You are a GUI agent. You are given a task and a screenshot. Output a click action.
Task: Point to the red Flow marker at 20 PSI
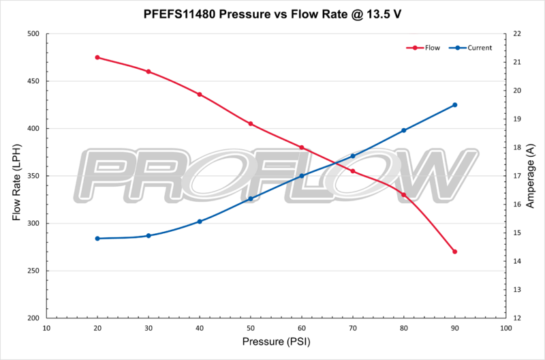click(97, 57)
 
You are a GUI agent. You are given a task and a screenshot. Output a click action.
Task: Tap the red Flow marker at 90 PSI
click(454, 252)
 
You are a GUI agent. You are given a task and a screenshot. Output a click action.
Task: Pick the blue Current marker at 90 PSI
click(454, 105)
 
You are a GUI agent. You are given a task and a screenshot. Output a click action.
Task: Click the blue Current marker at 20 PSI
click(97, 239)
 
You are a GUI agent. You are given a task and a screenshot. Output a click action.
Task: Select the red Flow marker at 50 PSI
click(251, 123)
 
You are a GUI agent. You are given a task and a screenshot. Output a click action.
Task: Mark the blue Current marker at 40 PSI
click(200, 222)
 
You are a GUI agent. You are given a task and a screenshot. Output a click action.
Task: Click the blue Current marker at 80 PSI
click(403, 130)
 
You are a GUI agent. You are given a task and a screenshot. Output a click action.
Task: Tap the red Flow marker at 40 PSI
click(200, 94)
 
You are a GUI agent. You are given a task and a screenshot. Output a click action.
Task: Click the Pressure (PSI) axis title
click(276, 342)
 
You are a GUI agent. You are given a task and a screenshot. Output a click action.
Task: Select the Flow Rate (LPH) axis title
click(16, 176)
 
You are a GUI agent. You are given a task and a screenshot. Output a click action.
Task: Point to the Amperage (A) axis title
click(531, 176)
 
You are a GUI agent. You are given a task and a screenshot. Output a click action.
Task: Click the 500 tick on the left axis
click(33, 33)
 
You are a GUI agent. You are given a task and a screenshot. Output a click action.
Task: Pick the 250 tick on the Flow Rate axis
click(33, 271)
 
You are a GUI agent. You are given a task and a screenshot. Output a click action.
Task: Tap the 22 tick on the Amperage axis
click(517, 33)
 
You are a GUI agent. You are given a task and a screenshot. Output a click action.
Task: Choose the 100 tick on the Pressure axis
click(505, 328)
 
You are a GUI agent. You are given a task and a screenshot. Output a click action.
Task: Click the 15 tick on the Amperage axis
click(517, 233)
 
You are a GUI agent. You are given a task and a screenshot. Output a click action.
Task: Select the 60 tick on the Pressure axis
click(302, 328)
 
